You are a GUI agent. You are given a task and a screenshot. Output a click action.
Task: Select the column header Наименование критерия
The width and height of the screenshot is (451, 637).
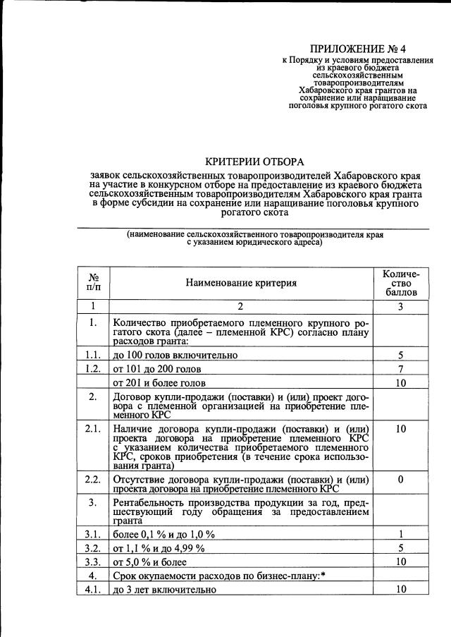(241, 283)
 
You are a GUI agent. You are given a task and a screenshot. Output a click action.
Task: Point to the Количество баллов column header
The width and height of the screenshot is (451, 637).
(400, 282)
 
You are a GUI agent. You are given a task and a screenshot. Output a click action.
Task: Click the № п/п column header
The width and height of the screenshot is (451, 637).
(93, 283)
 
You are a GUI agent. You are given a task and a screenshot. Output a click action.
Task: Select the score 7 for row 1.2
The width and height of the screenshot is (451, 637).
(400, 369)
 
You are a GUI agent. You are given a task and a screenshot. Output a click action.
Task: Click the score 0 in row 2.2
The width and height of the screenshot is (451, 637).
(400, 480)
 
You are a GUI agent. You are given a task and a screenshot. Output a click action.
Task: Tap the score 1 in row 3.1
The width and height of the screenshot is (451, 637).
(400, 534)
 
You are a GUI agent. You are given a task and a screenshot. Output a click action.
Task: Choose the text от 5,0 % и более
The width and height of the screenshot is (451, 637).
(150, 562)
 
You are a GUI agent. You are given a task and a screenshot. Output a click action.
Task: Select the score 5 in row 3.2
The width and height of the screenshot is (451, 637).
(400, 548)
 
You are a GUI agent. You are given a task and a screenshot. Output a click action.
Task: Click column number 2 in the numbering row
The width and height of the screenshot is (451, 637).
(241, 306)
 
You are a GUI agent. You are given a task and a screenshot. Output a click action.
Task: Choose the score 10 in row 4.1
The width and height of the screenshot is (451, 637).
(400, 589)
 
